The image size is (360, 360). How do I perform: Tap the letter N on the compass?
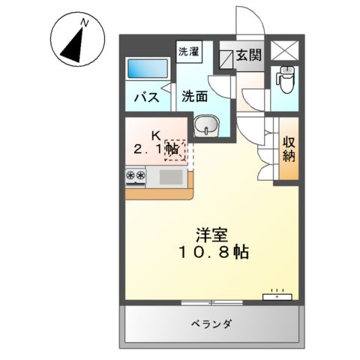(x=84, y=23)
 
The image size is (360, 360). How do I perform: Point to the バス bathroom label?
(x=145, y=97)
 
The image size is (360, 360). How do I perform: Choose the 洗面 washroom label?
(x=195, y=97)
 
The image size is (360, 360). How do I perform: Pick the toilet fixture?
(x=285, y=77)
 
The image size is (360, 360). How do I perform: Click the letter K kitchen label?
(x=156, y=135)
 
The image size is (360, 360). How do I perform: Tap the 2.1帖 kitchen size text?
(x=156, y=150)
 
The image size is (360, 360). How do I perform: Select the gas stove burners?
(x=136, y=177)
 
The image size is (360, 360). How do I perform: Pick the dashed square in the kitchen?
(x=175, y=149)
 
